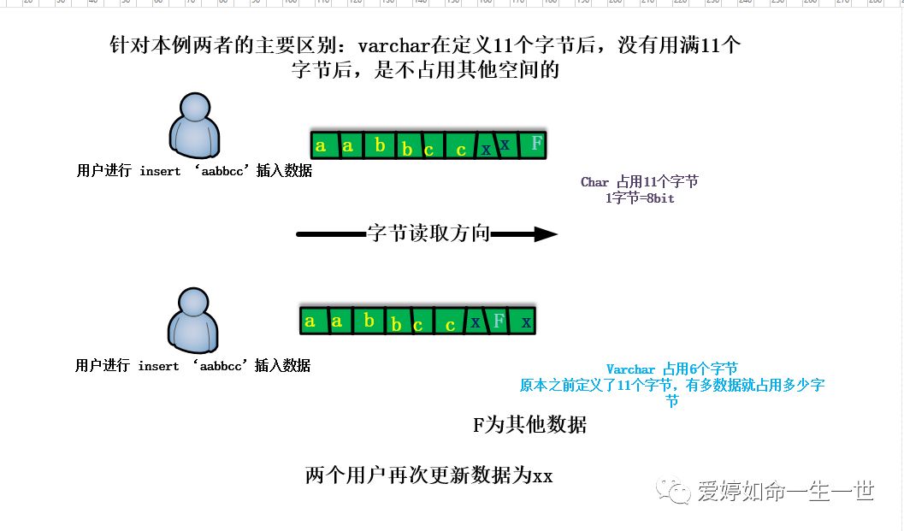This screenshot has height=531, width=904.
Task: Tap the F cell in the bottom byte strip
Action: click(499, 321)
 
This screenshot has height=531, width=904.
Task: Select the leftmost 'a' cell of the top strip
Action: click(321, 145)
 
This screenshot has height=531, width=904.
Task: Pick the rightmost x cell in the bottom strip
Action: click(526, 322)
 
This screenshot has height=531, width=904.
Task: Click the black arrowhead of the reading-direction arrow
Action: click(545, 233)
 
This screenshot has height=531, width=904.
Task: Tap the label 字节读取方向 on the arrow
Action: click(428, 233)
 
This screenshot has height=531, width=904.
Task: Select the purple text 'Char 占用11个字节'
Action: click(640, 182)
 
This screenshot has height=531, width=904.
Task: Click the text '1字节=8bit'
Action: click(640, 198)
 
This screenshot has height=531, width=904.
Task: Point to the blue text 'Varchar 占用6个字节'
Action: click(671, 369)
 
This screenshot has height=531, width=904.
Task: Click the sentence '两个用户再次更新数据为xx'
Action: click(428, 476)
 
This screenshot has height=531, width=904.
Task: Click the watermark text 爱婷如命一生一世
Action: click(785, 492)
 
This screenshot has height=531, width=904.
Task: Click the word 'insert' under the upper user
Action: click(160, 171)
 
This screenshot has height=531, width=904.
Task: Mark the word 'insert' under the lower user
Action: click(158, 366)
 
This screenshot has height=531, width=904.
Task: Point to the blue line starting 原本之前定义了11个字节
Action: click(671, 386)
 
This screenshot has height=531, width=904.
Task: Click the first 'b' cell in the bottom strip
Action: click(369, 321)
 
